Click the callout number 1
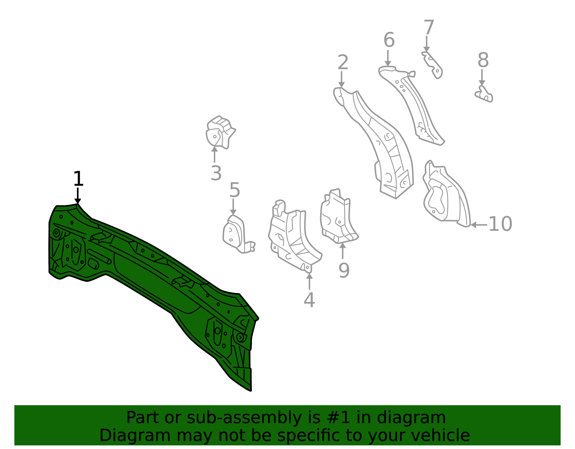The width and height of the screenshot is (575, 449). point(78,179)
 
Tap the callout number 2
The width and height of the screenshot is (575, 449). point(343,62)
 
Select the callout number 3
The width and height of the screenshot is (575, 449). point(216,173)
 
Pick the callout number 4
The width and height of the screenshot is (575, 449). point(309,300)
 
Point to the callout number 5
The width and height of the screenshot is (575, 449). point(234,190)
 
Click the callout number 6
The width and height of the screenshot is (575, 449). point(389,40)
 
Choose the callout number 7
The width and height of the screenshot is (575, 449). point(429,27)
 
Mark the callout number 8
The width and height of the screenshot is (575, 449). point(483,60)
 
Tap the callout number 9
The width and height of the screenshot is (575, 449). point(344,270)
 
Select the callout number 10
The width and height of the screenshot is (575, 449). point(500,224)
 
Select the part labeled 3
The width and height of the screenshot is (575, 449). point(220,132)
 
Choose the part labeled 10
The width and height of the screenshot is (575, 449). point(446,194)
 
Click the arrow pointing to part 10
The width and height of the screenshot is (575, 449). point(479,225)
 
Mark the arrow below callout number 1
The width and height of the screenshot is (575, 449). point(78,196)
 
